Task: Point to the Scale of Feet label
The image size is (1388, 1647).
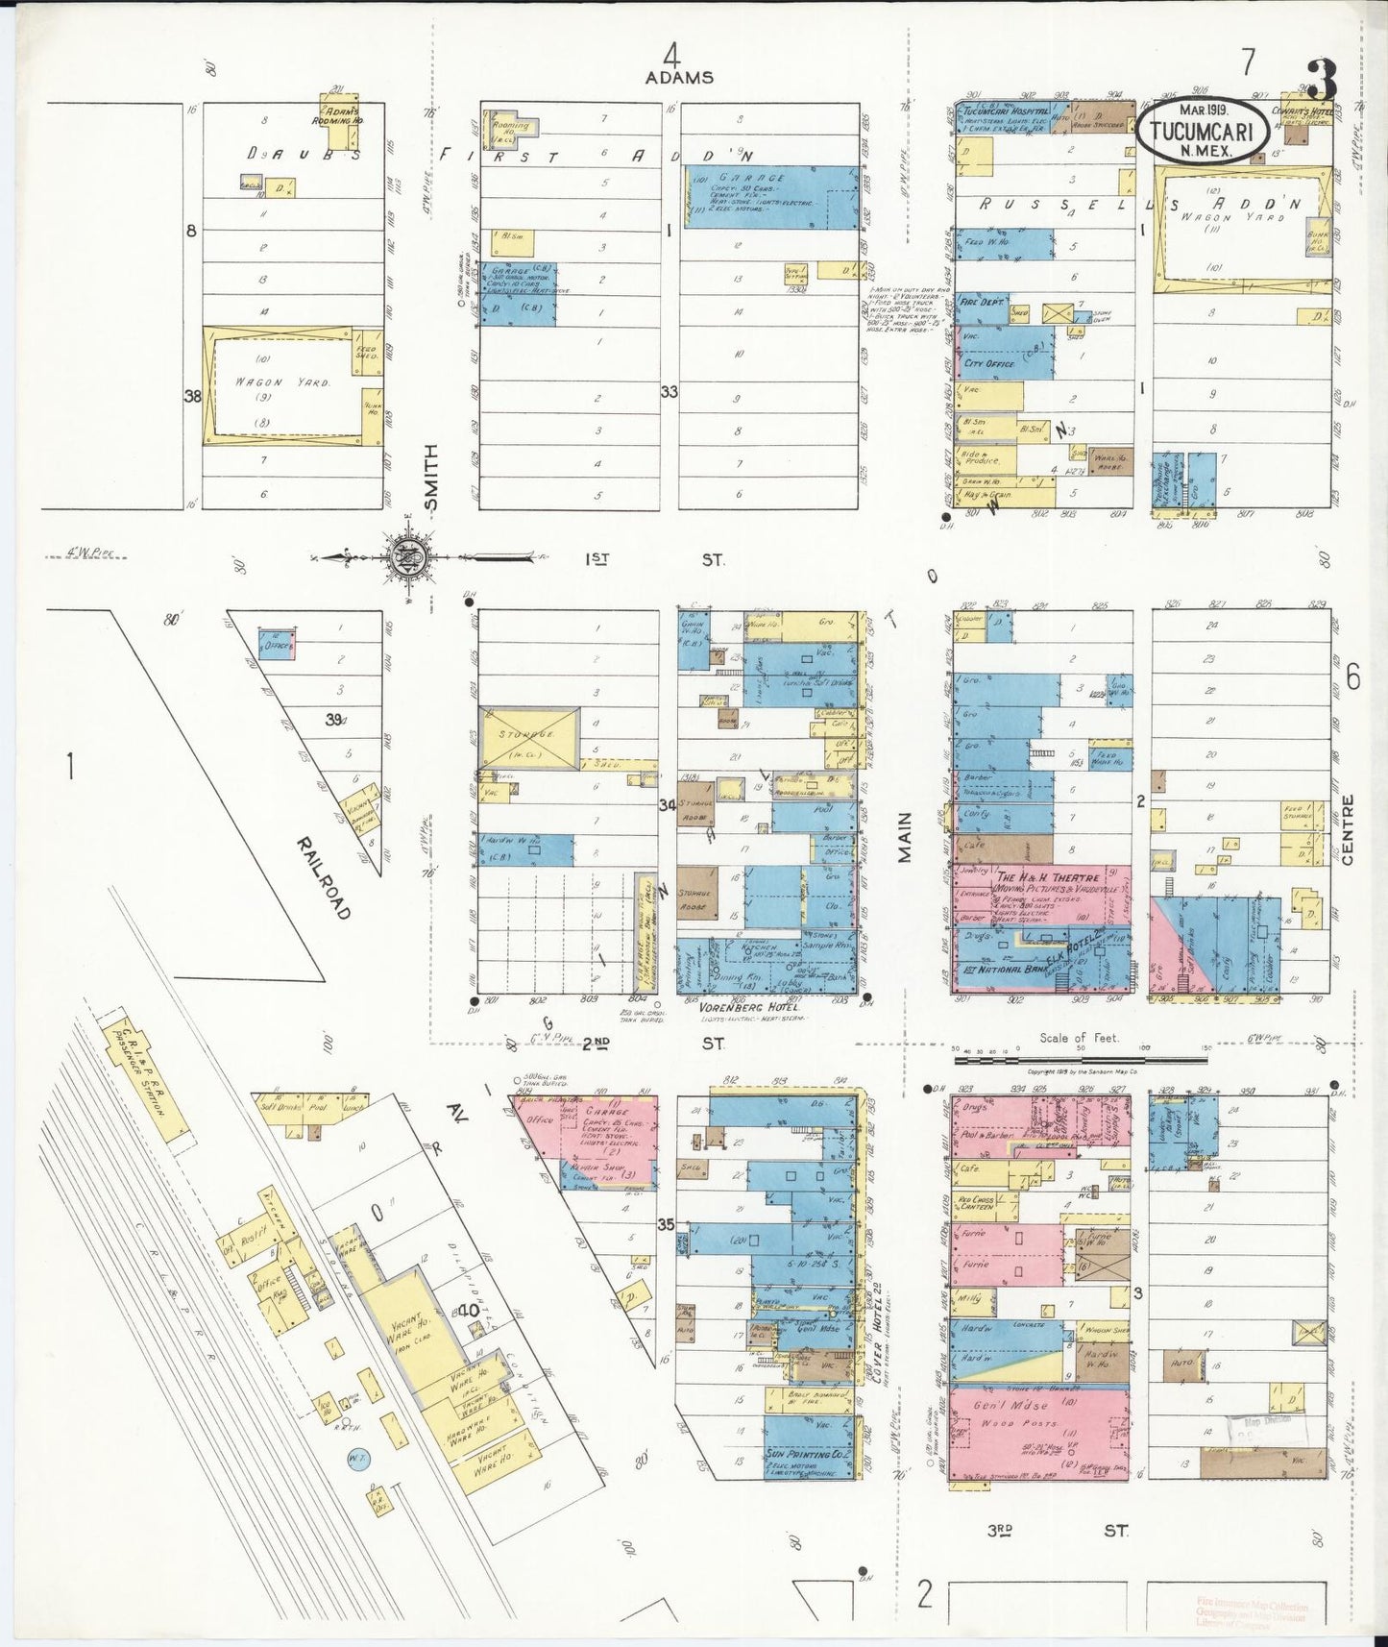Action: tap(1081, 1038)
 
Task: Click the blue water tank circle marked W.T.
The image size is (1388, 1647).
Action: tap(357, 1459)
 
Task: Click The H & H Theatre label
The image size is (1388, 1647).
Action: tap(1046, 878)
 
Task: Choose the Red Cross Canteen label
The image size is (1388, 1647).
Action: tap(979, 1204)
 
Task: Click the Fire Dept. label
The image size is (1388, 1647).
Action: tap(982, 302)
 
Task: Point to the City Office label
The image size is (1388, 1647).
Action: tap(989, 364)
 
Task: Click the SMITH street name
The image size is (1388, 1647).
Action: tap(431, 478)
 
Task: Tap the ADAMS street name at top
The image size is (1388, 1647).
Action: tap(679, 77)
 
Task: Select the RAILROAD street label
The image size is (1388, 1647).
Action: tap(324, 877)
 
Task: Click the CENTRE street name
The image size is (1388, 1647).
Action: tap(1347, 829)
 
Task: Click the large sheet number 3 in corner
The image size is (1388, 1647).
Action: tap(1323, 80)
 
